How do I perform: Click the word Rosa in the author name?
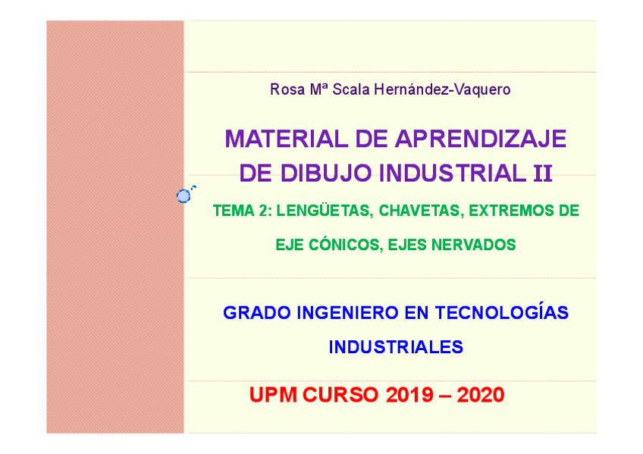pos(285,89)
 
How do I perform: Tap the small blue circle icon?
pos(183,196)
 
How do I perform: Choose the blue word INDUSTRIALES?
pos(396,347)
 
